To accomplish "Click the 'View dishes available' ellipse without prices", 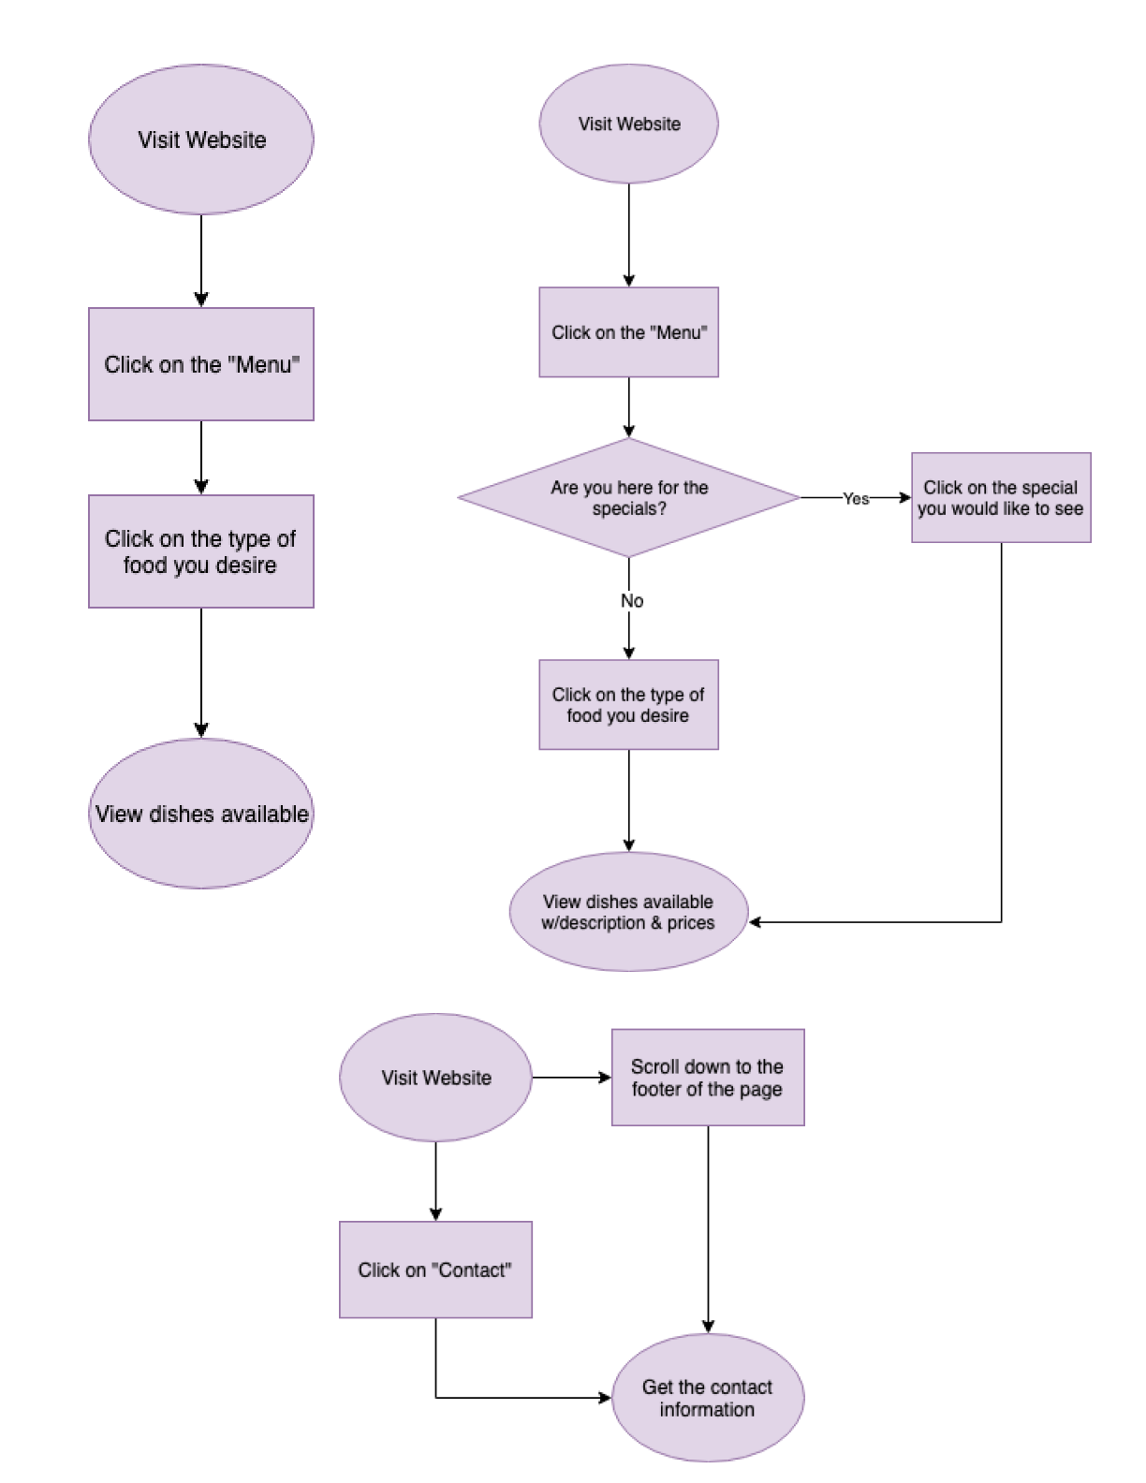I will tap(200, 813).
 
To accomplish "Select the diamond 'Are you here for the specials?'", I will tap(628, 498).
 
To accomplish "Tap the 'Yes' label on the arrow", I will tap(856, 499).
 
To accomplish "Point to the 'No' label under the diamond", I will tap(632, 601).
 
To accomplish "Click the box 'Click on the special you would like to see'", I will tap(1001, 498).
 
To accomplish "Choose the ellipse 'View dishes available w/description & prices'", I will tap(628, 912).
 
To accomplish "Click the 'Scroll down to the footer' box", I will tap(708, 1078).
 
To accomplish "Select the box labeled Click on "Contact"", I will tap(435, 1270).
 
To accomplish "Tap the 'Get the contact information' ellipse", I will tap(708, 1398).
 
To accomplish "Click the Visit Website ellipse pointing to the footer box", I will tap(435, 1078).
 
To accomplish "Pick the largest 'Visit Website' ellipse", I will tap(200, 139).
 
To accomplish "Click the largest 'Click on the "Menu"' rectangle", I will tap(200, 364).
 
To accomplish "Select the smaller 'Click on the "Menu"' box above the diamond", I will tap(628, 332).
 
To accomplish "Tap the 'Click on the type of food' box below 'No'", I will tap(628, 705).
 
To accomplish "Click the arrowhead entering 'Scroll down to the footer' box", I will tap(605, 1078).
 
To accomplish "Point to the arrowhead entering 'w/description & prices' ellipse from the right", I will tap(756, 922).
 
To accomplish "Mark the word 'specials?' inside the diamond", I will tap(629, 509).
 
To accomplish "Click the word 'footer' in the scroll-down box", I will tap(655, 1090).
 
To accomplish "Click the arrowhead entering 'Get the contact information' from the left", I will tap(605, 1398).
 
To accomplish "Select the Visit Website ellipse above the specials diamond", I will tap(628, 124).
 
